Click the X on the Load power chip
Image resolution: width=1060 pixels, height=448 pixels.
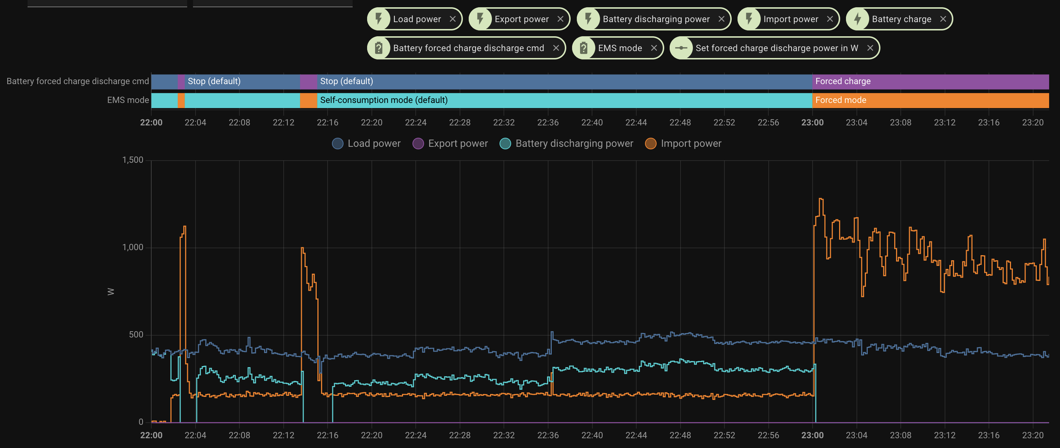(452, 19)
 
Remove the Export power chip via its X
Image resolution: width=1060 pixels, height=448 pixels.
(560, 19)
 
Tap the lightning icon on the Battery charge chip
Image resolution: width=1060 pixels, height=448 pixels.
(858, 19)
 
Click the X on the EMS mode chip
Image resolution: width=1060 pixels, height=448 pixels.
(653, 48)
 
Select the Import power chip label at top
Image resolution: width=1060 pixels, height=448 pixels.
(790, 19)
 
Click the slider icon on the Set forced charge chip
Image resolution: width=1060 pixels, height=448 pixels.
(681, 48)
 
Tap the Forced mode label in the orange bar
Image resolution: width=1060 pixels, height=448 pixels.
(840, 100)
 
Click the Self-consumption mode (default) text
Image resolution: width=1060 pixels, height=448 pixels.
(383, 100)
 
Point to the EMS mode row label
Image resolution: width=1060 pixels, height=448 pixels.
(128, 100)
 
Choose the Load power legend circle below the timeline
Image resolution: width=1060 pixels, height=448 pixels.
(337, 144)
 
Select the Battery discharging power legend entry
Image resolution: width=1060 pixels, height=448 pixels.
(574, 144)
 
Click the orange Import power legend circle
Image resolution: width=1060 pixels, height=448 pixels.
(650, 144)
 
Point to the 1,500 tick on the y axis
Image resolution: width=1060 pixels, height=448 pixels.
(132, 160)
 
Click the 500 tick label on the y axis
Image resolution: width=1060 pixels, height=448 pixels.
(136, 335)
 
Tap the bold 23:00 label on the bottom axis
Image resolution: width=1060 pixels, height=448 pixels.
(812, 435)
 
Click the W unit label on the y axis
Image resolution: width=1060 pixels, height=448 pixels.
(110, 291)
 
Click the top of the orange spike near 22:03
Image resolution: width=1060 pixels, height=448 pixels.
(184, 227)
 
